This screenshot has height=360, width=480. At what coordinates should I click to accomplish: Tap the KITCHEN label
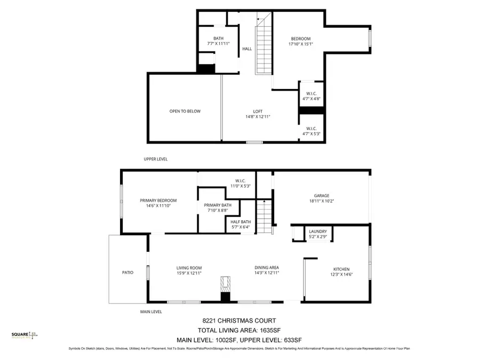(342, 269)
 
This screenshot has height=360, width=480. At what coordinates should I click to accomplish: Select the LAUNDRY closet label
(318, 231)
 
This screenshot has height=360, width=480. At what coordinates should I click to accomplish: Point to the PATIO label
(127, 273)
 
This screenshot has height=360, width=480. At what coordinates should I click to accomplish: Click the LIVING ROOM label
(189, 268)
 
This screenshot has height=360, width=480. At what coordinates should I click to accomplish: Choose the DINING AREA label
(266, 268)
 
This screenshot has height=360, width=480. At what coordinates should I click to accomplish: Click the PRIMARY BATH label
(218, 205)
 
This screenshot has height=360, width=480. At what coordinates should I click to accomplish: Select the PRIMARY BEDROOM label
(158, 201)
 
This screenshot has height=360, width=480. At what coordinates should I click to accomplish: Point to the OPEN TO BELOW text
(185, 111)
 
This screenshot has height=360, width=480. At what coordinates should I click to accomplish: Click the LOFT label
(258, 111)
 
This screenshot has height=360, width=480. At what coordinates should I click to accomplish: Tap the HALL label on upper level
(247, 49)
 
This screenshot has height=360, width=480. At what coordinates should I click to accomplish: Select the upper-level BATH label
(218, 38)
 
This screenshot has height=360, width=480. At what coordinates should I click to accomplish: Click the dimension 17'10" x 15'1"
(300, 44)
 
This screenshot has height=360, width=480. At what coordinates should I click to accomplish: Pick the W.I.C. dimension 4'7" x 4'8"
(311, 99)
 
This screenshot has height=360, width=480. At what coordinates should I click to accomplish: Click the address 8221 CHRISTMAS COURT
(239, 321)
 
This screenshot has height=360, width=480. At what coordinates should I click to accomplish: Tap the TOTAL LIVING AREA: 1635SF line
(239, 330)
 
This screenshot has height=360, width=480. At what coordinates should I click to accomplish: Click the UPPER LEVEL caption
(156, 159)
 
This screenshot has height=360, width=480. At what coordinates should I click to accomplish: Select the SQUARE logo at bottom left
(25, 335)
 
